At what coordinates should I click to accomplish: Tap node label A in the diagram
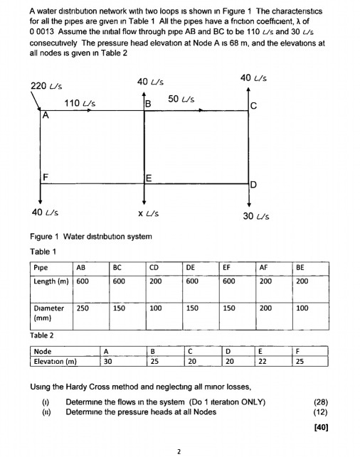click(x=46, y=115)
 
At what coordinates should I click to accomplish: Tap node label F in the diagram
click(x=46, y=176)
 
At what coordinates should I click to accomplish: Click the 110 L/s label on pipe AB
click(x=80, y=104)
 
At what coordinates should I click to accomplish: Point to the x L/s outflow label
click(x=148, y=213)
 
